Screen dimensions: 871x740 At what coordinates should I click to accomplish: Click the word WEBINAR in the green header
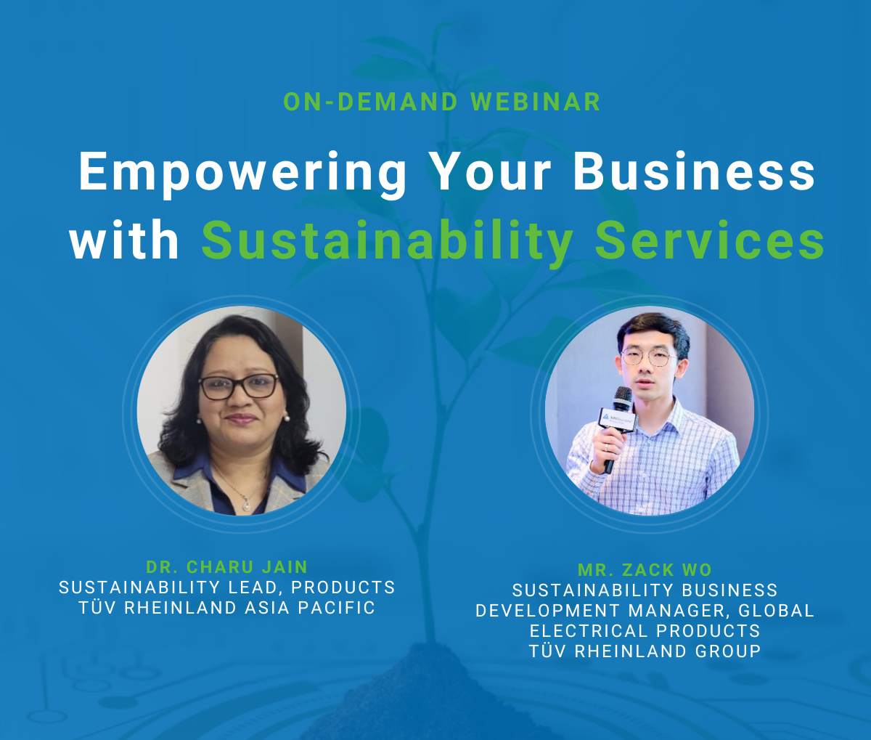[x=535, y=102]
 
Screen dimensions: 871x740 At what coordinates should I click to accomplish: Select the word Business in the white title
[x=694, y=171]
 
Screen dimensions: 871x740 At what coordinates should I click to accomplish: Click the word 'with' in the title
[x=124, y=240]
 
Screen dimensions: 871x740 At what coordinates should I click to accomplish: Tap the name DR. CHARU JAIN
[x=226, y=567]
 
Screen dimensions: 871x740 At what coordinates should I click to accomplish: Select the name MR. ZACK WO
[x=645, y=569]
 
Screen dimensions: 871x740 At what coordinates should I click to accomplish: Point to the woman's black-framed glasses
[x=238, y=386]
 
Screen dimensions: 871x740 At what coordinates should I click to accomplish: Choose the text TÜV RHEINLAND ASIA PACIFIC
[x=226, y=608]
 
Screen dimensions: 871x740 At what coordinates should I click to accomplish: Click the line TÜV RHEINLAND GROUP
[x=645, y=651]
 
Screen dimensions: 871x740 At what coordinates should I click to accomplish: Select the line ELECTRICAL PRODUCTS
[x=645, y=631]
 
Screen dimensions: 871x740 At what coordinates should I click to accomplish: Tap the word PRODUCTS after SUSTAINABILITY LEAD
[x=343, y=587]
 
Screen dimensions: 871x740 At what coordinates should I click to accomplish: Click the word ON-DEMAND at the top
[x=371, y=102]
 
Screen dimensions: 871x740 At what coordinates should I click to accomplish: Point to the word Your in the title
[x=492, y=171]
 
